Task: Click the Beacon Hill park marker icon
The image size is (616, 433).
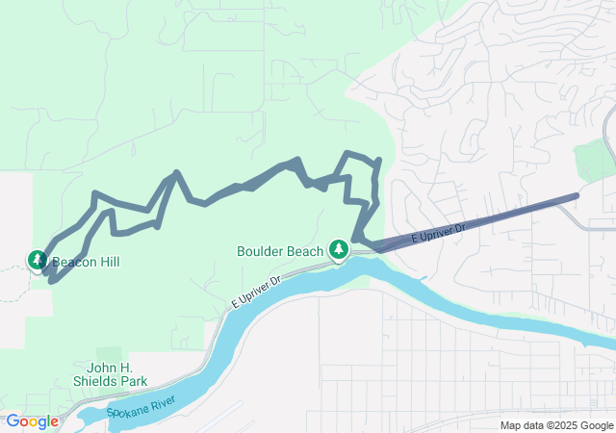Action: point(38,260)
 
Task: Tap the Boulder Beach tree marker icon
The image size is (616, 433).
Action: point(338,250)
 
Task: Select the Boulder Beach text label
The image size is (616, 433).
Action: point(280,251)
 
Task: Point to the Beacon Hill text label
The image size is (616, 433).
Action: point(87,261)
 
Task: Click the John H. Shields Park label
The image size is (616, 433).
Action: point(117,373)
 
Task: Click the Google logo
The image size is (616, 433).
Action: point(32,420)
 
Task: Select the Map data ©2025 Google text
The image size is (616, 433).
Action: point(555,425)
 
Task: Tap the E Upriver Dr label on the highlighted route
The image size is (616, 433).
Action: point(438,232)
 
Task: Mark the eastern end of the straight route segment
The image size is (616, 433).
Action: point(576,195)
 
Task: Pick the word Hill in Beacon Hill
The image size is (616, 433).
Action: point(109,261)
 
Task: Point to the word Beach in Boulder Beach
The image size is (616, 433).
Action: point(304,251)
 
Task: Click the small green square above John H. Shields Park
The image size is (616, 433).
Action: point(109,354)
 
